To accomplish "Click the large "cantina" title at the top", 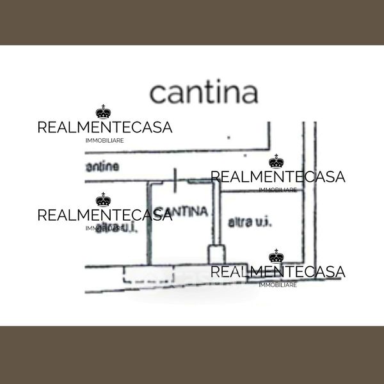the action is click(204, 93).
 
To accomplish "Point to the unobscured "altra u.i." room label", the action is click(250, 223).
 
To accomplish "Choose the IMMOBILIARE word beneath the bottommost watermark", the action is click(277, 285).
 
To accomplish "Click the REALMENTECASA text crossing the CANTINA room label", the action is click(105, 215).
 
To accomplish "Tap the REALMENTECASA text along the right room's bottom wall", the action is click(278, 272).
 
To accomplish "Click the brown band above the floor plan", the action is click(192, 22).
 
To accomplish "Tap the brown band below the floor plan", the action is click(192, 355).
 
